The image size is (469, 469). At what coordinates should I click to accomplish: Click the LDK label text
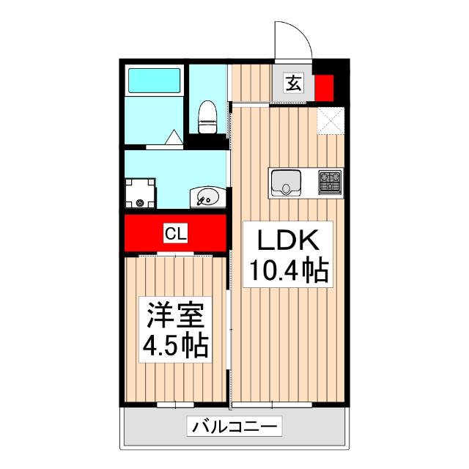(287, 241)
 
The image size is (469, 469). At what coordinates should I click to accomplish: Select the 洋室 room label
(175, 316)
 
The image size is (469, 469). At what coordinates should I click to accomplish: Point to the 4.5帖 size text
(175, 344)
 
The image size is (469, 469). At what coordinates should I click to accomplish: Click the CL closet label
(175, 234)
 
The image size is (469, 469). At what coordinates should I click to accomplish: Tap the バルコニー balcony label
(234, 425)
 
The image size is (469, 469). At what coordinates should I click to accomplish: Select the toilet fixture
(208, 117)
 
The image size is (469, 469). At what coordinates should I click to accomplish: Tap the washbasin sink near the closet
(208, 197)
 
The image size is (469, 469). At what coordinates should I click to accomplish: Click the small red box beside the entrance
(324, 86)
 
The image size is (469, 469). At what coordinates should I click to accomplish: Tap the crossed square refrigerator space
(330, 120)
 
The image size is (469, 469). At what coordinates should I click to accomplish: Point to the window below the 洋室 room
(175, 405)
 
